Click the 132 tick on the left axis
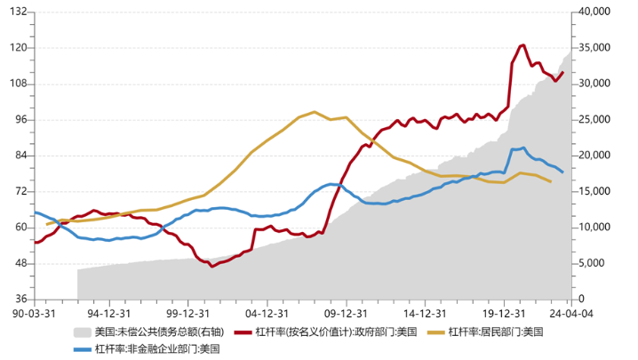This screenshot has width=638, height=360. tap(18, 12)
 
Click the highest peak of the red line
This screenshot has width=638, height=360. tap(522, 45)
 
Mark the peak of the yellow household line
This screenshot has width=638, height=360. tap(315, 112)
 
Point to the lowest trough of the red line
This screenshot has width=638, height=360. tap(211, 266)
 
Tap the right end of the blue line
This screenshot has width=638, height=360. tap(562, 172)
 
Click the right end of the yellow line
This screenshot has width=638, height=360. tap(551, 181)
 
